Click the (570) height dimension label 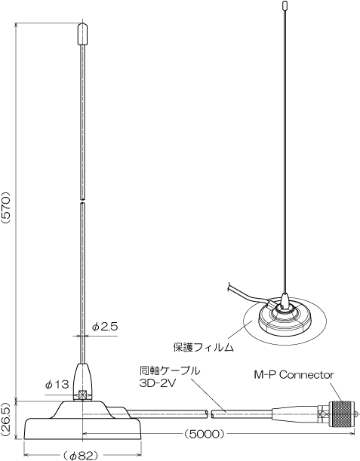[x=6, y=208]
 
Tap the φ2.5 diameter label [x=105, y=327]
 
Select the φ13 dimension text [x=57, y=384]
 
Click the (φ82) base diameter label [x=80, y=456]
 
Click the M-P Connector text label [x=294, y=375]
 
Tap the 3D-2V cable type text [x=157, y=384]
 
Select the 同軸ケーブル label [x=170, y=371]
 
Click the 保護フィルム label [x=203, y=347]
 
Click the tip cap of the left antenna [x=83, y=34]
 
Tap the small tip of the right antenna [x=285, y=5]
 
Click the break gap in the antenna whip [x=83, y=201]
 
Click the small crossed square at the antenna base [x=83, y=395]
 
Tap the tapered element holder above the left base [x=83, y=382]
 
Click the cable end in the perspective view [x=229, y=287]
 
